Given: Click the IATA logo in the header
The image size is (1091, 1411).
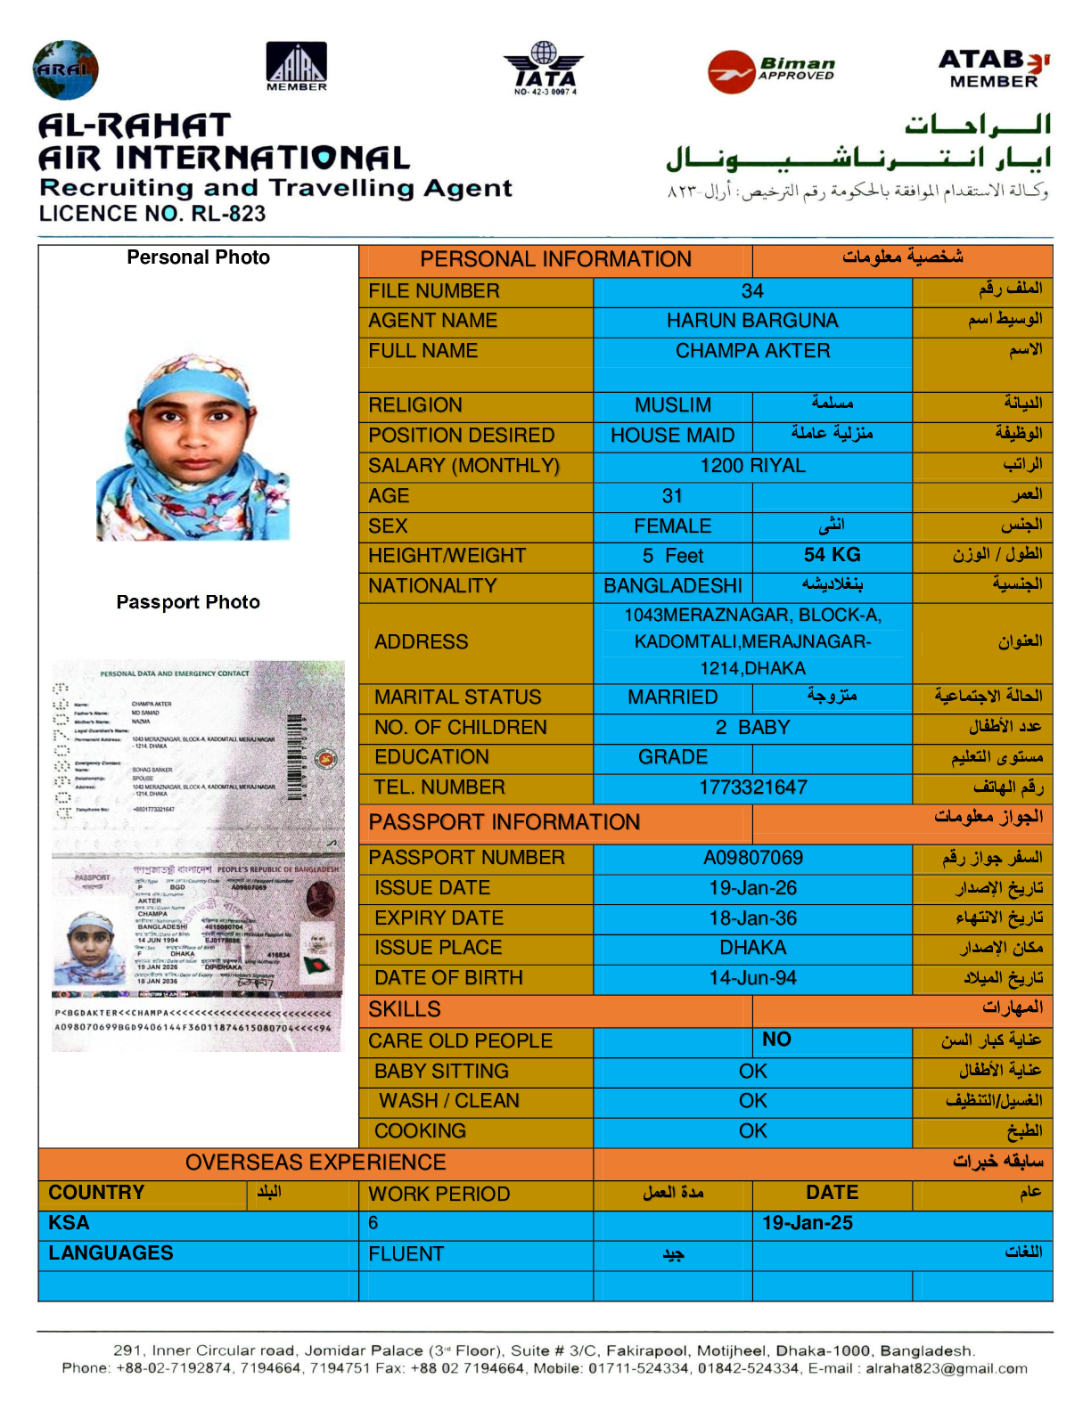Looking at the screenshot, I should click(x=544, y=68).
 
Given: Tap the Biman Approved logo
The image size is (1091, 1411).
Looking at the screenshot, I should click(x=771, y=70).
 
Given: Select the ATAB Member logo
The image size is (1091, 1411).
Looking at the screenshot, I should click(x=994, y=69).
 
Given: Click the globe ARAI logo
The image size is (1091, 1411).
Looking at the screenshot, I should click(x=65, y=69).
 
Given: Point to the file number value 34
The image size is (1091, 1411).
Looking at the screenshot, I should click(x=752, y=291).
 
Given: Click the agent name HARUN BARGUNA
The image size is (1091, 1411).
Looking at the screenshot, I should click(x=752, y=321).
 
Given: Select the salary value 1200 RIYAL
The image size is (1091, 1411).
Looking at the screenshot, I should click(x=752, y=466).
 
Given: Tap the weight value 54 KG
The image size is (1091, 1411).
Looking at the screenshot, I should click(x=832, y=555).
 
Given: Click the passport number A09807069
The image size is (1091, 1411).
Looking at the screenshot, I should click(x=752, y=858).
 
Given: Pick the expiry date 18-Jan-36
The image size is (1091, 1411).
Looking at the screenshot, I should click(x=752, y=918).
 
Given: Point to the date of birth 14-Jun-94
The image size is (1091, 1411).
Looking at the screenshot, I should click(x=752, y=978).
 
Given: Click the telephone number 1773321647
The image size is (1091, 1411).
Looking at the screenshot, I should click(x=752, y=787).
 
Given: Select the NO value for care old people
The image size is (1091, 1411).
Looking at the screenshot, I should click(x=776, y=1040).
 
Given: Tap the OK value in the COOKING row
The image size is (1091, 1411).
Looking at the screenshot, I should click(x=752, y=1131).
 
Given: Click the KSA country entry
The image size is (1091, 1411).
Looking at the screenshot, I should click(x=69, y=1223).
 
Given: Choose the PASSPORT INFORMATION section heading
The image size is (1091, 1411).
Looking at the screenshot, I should click(x=504, y=822).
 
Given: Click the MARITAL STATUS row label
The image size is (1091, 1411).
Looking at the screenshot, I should click(x=457, y=697).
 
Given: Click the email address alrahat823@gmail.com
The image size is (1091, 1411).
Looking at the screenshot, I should click(x=946, y=1368).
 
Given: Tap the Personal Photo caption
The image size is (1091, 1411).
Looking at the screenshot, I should click(x=198, y=257).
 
